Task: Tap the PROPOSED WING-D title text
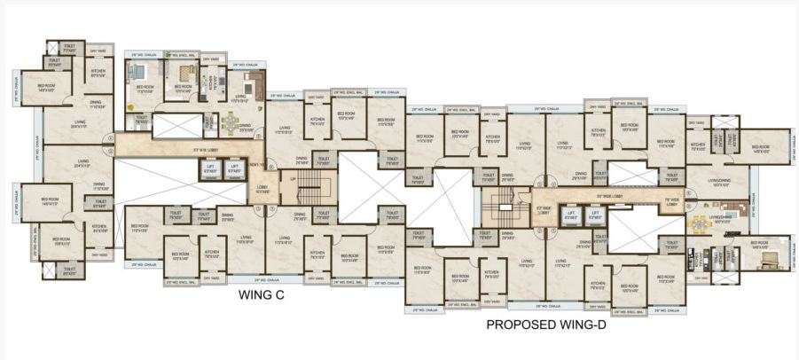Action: pyautogui.click(x=551, y=325)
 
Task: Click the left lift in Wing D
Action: pyautogui.click(x=572, y=215)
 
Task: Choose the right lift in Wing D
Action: pyautogui.click(x=595, y=215)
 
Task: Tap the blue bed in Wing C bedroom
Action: pyautogui.click(x=145, y=75)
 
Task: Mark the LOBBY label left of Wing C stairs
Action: pyautogui.click(x=262, y=189)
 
